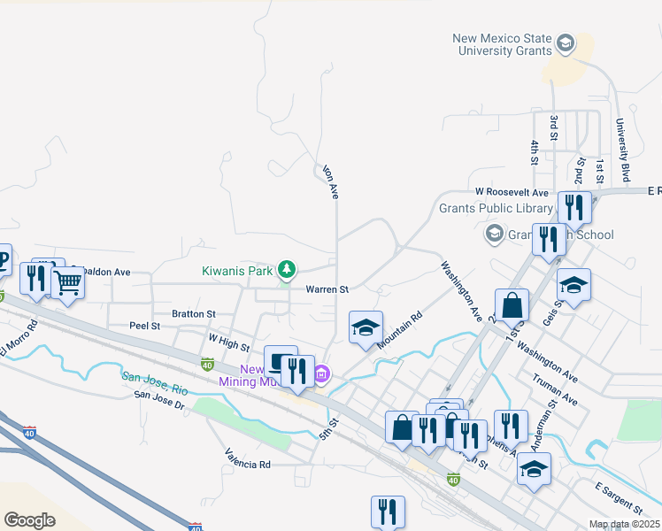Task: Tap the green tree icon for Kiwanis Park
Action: click(x=286, y=268)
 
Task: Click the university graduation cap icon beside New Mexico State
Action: click(x=564, y=42)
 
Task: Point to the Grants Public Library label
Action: click(x=496, y=209)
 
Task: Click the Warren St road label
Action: click(x=327, y=289)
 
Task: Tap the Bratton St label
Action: click(x=194, y=313)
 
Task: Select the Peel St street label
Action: click(x=143, y=326)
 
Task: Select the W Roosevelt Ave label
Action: click(x=512, y=191)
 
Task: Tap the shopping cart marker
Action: click(x=67, y=283)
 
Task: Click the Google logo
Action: click(x=29, y=519)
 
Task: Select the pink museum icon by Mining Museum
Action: click(x=322, y=375)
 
